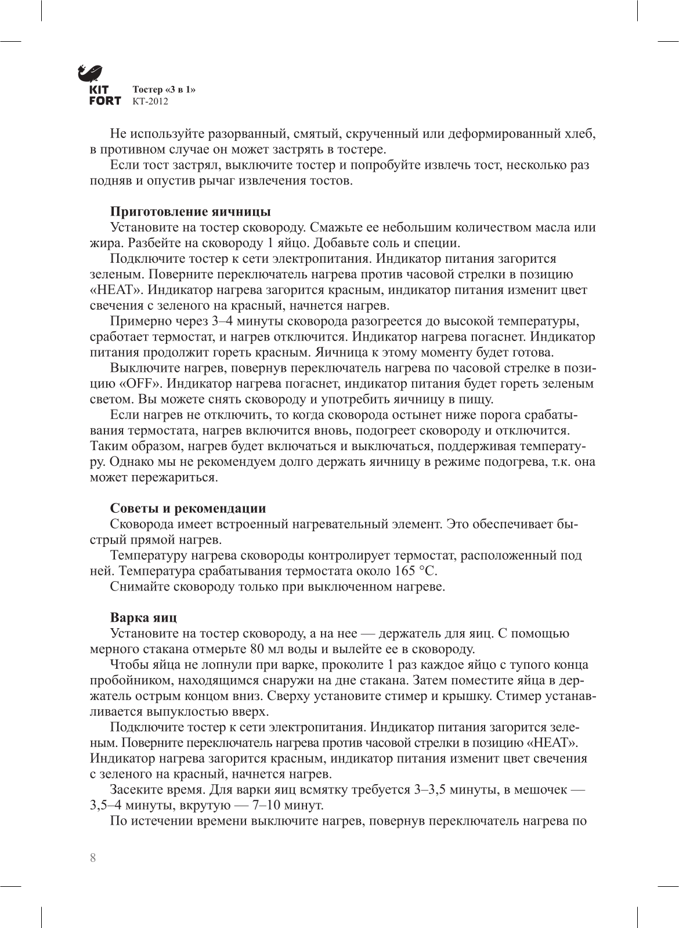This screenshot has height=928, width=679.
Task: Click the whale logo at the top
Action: click(x=90, y=72)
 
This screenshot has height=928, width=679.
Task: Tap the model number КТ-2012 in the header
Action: click(x=150, y=101)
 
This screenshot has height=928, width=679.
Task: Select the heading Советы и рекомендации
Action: click(x=188, y=509)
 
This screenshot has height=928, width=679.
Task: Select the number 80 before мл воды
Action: click(x=258, y=649)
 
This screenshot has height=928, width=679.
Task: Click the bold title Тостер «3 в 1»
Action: click(x=164, y=90)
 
